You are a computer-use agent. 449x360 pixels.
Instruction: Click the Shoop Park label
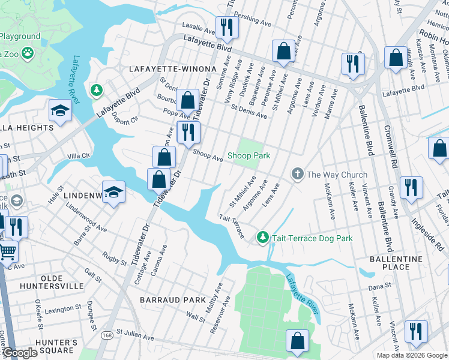pyautogui.click(x=249, y=155)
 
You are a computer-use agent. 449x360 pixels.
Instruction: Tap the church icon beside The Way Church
pyautogui.click(x=297, y=175)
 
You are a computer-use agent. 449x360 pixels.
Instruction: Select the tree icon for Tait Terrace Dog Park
pyautogui.click(x=262, y=238)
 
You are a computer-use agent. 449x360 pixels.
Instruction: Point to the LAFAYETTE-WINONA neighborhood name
pyautogui.click(x=165, y=70)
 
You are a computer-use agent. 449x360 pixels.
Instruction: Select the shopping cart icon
pyautogui.click(x=7, y=251)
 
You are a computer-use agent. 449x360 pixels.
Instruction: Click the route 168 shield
pyautogui.click(x=107, y=334)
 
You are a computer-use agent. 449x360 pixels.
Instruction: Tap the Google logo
pyautogui.click(x=20, y=353)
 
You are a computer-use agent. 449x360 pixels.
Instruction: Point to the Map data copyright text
pyautogui.click(x=412, y=355)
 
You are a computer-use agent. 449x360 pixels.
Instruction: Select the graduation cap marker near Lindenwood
pyautogui.click(x=113, y=192)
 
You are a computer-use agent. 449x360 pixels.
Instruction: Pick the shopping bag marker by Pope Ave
pyautogui.click(x=187, y=100)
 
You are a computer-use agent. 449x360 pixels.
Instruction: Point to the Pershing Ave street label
pyautogui.click(x=253, y=19)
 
